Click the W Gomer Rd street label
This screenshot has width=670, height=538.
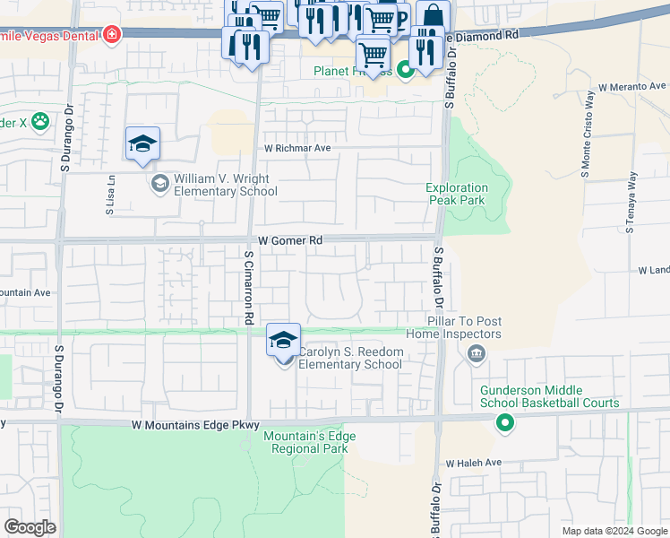coord(289,241)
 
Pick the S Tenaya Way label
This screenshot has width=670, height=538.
coord(631,203)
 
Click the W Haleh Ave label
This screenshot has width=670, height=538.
coord(474,464)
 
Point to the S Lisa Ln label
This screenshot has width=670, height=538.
coord(111,189)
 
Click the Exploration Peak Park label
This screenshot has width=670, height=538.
coord(455,194)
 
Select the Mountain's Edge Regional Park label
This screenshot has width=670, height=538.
coord(309,442)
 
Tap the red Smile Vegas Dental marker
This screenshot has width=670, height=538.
coord(112,36)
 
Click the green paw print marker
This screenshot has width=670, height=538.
coord(40,119)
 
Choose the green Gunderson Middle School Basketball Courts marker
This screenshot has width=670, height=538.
coord(505,422)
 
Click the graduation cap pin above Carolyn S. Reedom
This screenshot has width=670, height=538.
coord(283,342)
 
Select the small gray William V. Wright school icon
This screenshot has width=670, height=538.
coord(159,184)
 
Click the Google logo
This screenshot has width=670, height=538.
coord(30,527)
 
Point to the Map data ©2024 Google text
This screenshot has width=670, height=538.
coord(614,531)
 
